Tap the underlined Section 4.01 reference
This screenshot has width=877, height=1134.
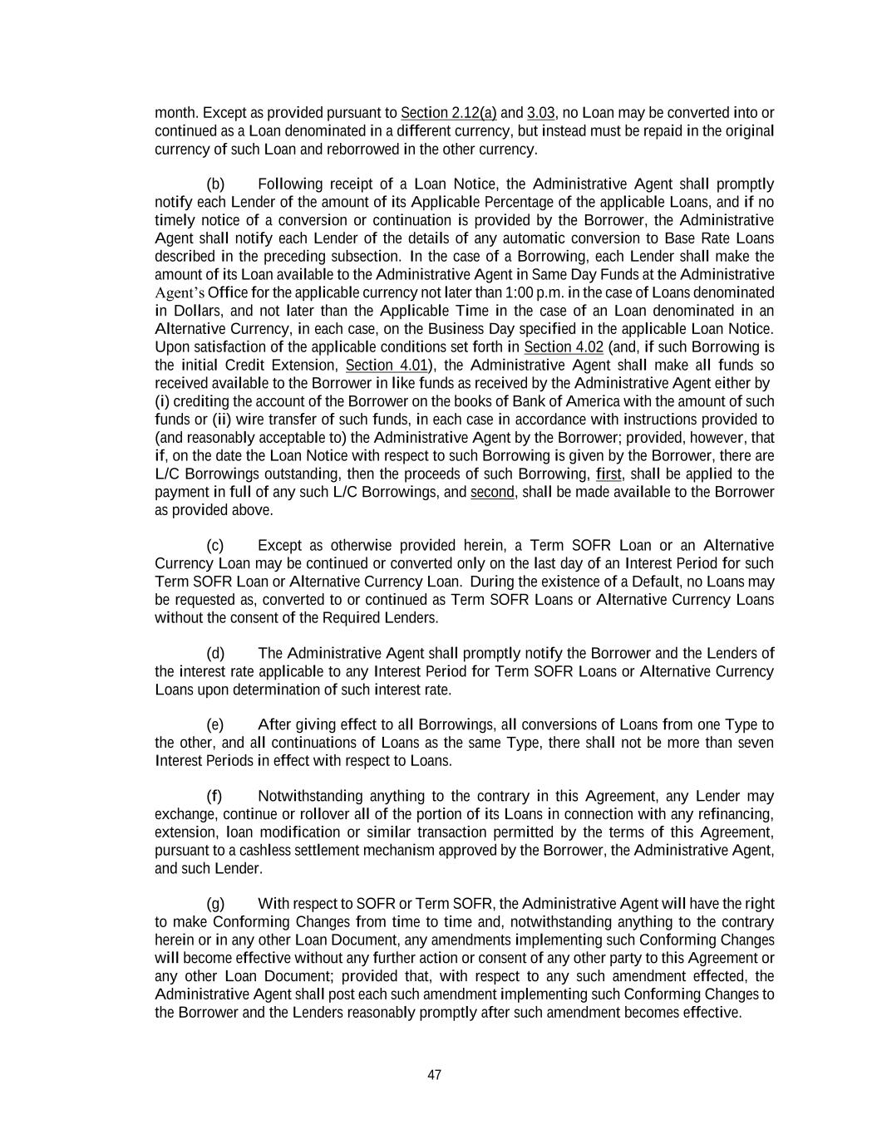point(387,366)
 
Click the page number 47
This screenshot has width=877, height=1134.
point(434,1075)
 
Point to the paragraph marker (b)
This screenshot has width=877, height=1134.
point(215,184)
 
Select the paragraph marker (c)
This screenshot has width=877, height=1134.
point(215,546)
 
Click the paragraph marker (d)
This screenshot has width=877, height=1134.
point(215,654)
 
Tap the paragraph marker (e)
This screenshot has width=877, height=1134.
point(215,725)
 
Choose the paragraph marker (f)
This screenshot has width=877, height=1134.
point(214,797)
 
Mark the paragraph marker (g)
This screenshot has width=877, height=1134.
point(215,904)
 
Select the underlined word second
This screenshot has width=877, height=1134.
point(492,493)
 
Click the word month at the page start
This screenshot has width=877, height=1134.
point(175,113)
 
